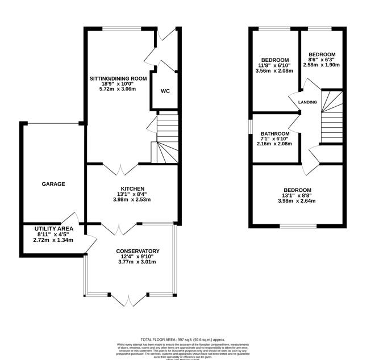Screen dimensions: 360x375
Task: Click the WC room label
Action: [165, 91]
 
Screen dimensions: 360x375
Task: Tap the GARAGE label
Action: [53, 184]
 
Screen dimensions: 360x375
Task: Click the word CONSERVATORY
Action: [137, 251]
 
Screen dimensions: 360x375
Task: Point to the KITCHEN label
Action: [132, 189]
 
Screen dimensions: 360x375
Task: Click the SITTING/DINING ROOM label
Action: [118, 78]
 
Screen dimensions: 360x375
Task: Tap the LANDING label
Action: [307, 102]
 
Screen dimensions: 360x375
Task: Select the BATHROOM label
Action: [275, 134]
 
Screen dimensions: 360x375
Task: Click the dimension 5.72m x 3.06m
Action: [118, 89]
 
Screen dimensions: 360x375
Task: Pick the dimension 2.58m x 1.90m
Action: [321, 65]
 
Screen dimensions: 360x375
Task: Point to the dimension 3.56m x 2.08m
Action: [275, 71]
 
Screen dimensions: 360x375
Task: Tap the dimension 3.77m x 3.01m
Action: [136, 262]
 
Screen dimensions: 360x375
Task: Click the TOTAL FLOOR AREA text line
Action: [186, 338]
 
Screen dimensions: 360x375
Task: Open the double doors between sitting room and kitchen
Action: [121, 169]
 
